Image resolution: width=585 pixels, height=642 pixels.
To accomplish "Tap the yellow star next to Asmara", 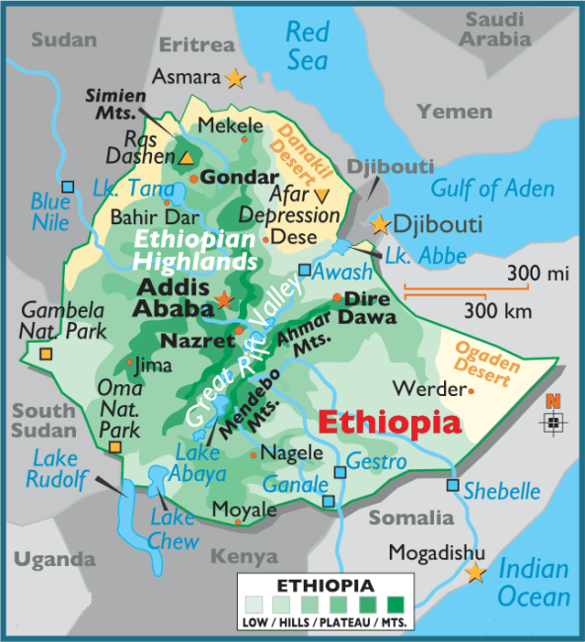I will (x=235, y=76).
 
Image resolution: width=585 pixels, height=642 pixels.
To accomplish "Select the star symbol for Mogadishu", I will (x=475, y=572).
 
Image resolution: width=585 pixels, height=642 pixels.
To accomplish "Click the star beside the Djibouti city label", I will (x=381, y=224).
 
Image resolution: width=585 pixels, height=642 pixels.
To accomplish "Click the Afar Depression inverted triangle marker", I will (x=322, y=195).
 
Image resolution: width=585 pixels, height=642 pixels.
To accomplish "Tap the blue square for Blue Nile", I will (x=67, y=187).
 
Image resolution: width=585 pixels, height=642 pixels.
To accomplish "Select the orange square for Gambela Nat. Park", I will (x=45, y=354).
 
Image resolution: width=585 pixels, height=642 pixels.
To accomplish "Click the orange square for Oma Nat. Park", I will (x=115, y=447).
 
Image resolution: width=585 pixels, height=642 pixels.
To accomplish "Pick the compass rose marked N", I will (x=554, y=421).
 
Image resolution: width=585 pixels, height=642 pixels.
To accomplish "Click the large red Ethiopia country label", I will (x=389, y=424).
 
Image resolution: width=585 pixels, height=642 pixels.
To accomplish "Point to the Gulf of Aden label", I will (x=492, y=188).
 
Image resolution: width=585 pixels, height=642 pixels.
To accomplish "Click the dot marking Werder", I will (x=471, y=391).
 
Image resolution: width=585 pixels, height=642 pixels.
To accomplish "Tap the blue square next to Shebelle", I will (x=453, y=485).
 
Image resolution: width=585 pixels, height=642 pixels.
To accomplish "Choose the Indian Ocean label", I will (x=534, y=583).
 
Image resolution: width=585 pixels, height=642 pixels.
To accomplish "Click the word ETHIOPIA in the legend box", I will (x=325, y=586).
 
